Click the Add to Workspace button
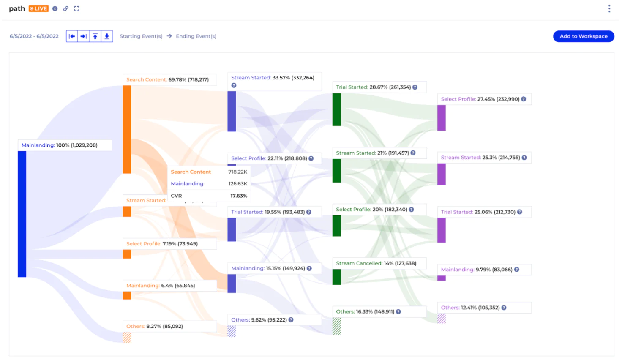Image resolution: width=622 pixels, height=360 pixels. [583, 36]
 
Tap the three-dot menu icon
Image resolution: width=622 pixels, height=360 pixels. [609, 8]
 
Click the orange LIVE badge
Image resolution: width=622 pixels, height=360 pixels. [38, 8]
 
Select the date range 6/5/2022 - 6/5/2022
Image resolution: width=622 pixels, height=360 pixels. [34, 36]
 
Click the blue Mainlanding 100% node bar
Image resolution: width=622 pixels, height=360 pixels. [22, 214]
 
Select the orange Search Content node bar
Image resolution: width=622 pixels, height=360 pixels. [127, 129]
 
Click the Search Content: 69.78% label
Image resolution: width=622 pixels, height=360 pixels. [167, 79]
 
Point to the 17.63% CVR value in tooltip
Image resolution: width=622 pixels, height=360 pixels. [238, 196]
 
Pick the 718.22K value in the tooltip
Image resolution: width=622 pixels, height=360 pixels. [237, 172]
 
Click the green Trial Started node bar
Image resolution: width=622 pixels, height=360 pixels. [336, 109]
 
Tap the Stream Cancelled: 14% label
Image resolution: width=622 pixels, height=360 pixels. [376, 263]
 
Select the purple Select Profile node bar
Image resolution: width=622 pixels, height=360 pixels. [441, 118]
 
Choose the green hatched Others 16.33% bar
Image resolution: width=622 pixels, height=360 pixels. [336, 326]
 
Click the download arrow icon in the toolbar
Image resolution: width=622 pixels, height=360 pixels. [107, 36]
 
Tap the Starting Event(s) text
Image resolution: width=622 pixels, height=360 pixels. [141, 36]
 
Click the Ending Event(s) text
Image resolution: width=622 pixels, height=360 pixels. [196, 36]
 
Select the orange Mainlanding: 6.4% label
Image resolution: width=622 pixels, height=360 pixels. [161, 286]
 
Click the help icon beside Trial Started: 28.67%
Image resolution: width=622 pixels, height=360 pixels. [415, 87]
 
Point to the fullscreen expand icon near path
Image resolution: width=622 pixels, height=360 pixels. [76, 8]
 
